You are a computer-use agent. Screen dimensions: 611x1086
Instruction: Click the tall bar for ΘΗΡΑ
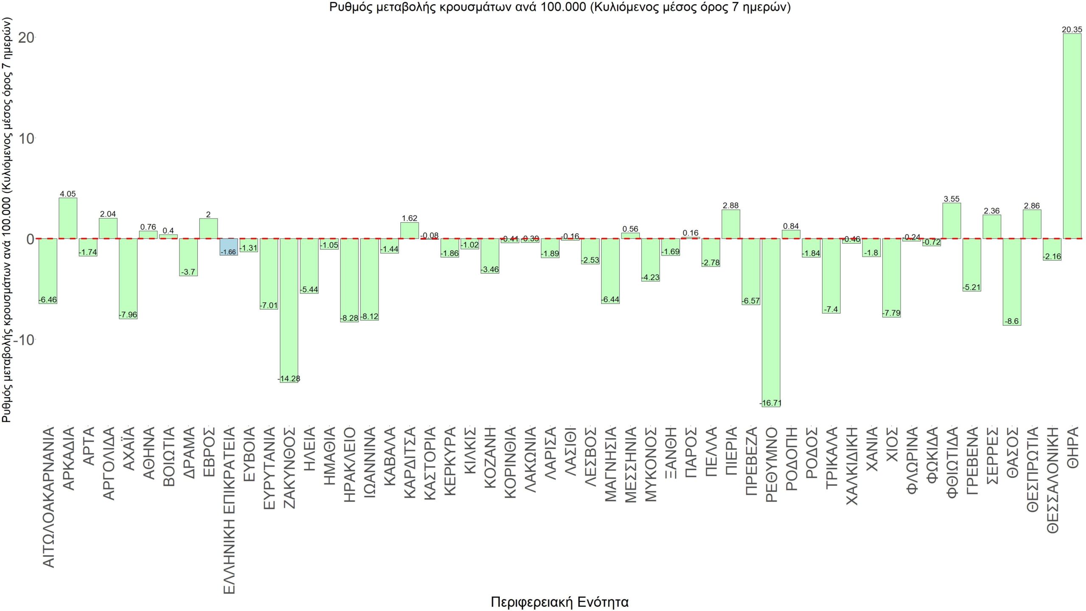point(1072,136)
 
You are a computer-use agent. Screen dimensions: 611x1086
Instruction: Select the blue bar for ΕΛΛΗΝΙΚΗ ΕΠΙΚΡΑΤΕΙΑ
point(229,247)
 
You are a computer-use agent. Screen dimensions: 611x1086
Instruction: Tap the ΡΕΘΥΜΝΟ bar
point(771,322)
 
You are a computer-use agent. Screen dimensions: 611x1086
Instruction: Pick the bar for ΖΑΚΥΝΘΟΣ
point(289,310)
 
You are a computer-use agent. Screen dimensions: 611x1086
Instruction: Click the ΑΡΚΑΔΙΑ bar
point(68,218)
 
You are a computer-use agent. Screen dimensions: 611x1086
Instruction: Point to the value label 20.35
point(1072,30)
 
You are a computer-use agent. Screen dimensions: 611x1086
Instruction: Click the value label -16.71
point(771,403)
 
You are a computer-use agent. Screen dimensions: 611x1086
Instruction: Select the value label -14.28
point(289,378)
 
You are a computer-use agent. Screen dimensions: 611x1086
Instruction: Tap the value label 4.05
point(68,194)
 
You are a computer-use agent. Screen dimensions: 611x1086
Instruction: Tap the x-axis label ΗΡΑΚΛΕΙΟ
point(349,465)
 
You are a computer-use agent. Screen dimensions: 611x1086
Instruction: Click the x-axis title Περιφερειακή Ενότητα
point(560,602)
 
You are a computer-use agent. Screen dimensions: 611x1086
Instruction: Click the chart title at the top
point(560,8)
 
